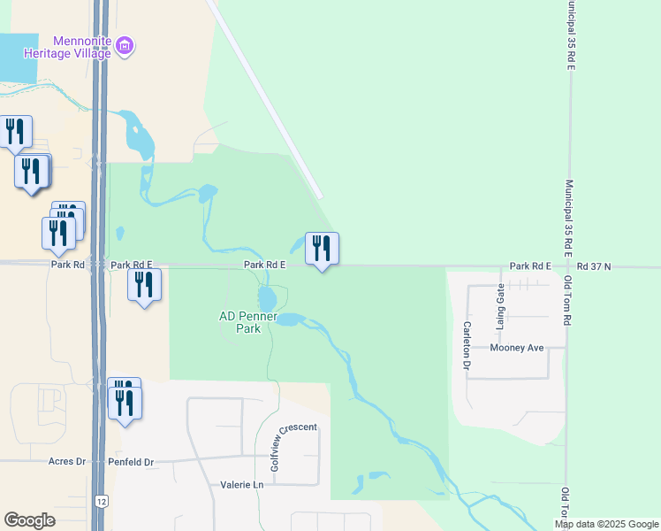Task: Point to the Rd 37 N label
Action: pos(594,265)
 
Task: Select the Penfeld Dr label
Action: pos(131,462)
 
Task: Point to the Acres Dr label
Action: pos(67,462)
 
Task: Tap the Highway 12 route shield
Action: pos(103,502)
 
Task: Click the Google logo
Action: pos(29,520)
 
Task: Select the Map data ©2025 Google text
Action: pos(606,524)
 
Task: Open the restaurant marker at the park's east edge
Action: pos(322,249)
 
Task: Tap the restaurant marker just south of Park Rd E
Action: pos(145,286)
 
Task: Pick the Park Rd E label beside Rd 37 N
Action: pos(530,265)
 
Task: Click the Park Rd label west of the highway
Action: pos(68,265)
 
